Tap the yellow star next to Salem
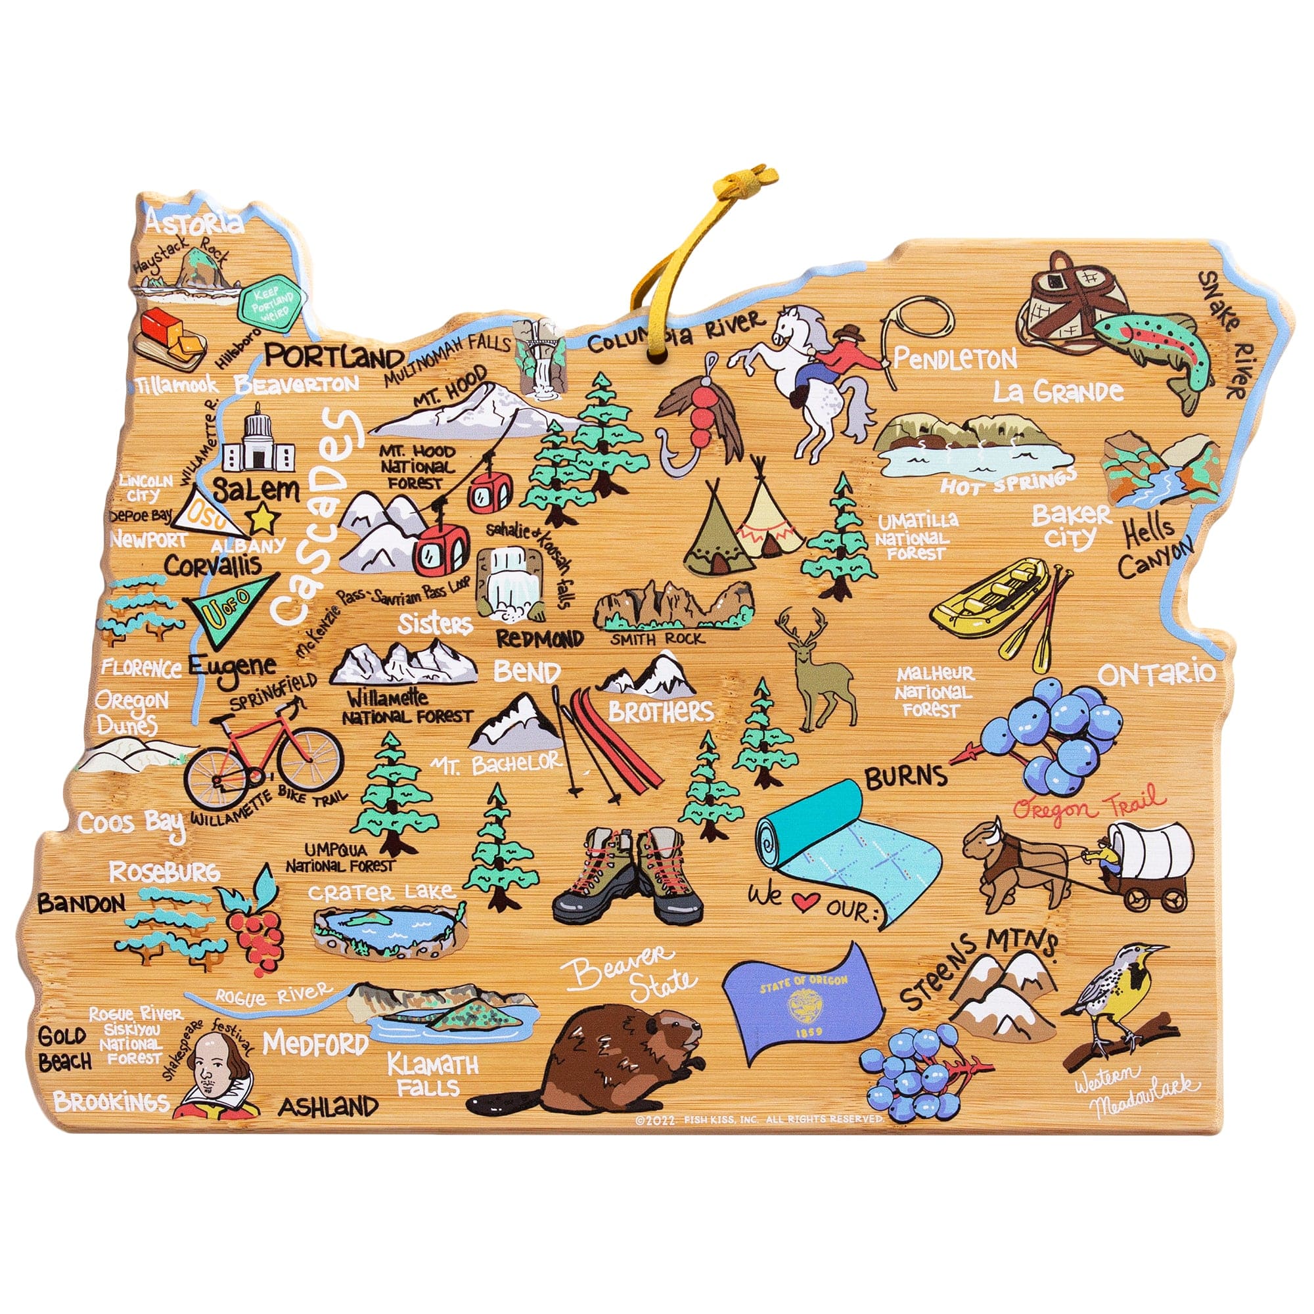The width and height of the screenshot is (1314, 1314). point(264,520)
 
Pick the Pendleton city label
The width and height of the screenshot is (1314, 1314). point(955,359)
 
